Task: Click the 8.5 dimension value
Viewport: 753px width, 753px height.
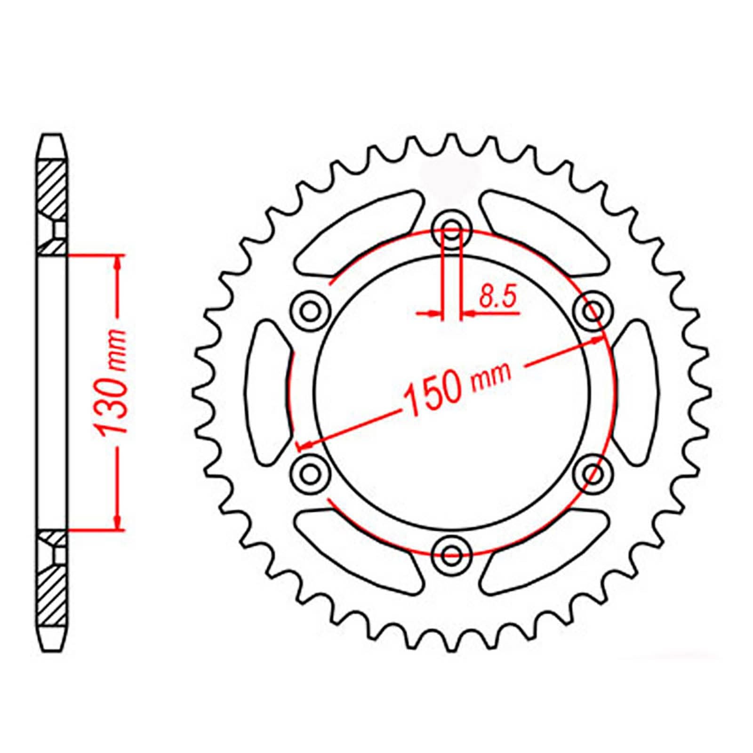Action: coord(498,297)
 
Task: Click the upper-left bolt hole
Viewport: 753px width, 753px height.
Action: coord(310,310)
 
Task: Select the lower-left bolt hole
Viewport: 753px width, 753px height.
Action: coord(310,473)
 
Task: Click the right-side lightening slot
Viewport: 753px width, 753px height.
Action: coord(635,392)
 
